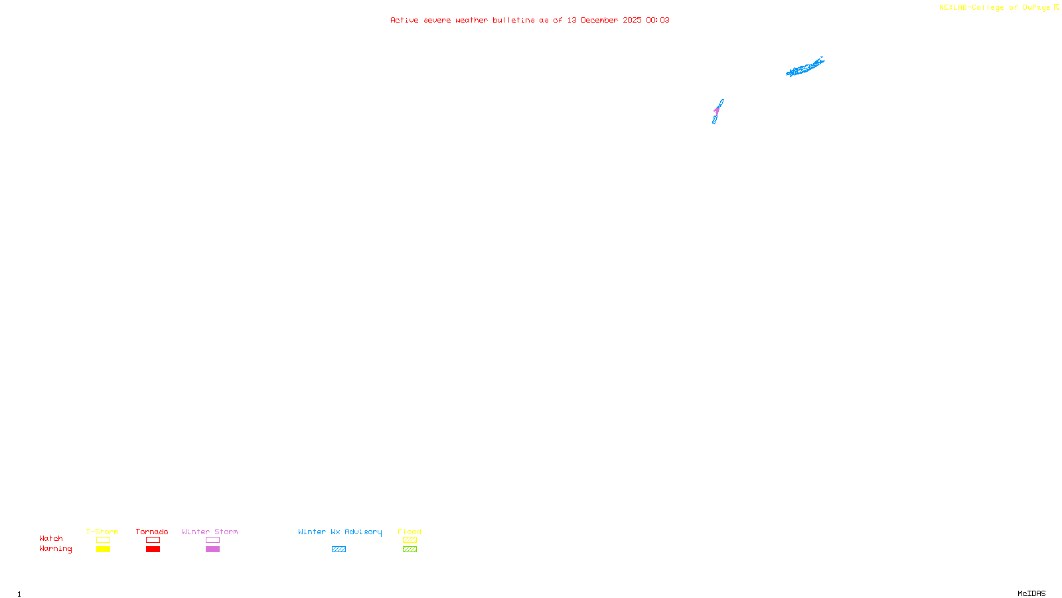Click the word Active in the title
coord(404,20)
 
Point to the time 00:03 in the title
coord(658,20)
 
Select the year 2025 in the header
coord(632,20)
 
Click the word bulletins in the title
coord(514,20)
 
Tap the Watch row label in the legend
coord(51,538)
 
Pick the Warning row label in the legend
coord(55,549)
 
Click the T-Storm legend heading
coord(102,532)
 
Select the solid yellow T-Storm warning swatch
coord(103,549)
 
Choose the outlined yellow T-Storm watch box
coord(103,540)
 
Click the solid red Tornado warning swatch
coord(153,549)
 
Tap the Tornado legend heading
coord(152,532)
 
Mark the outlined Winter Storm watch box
coord(212,540)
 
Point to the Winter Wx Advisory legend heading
coord(340,532)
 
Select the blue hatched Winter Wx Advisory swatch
coord(339,549)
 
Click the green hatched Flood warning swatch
coord(410,549)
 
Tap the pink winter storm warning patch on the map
coord(717,111)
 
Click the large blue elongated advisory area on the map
coord(804,67)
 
